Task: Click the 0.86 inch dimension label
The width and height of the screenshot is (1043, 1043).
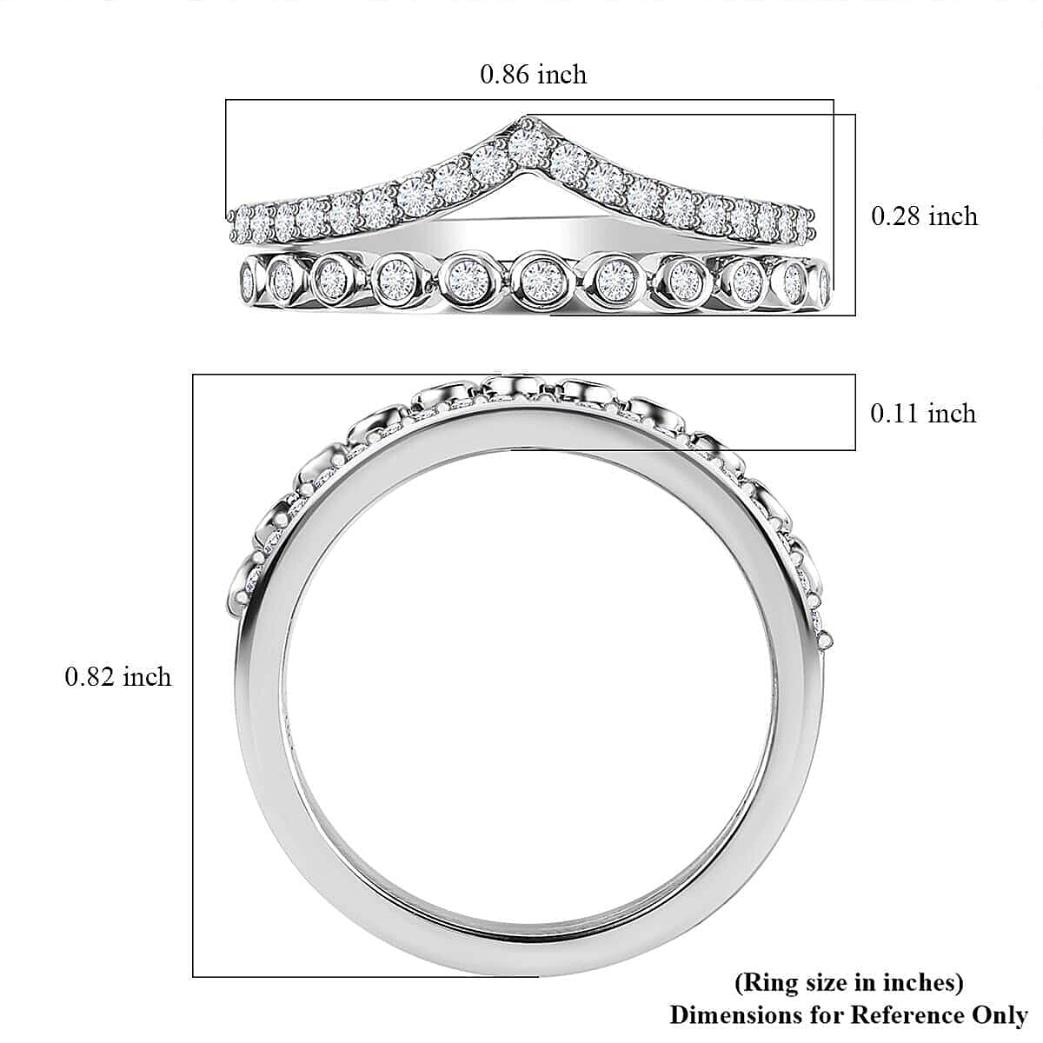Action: point(533,75)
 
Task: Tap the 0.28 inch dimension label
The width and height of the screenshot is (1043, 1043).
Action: point(925,216)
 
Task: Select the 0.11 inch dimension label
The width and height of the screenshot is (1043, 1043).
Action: point(923,414)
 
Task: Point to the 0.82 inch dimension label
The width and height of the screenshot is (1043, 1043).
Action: point(118,676)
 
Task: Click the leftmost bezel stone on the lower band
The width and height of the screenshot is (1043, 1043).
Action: point(249,280)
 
